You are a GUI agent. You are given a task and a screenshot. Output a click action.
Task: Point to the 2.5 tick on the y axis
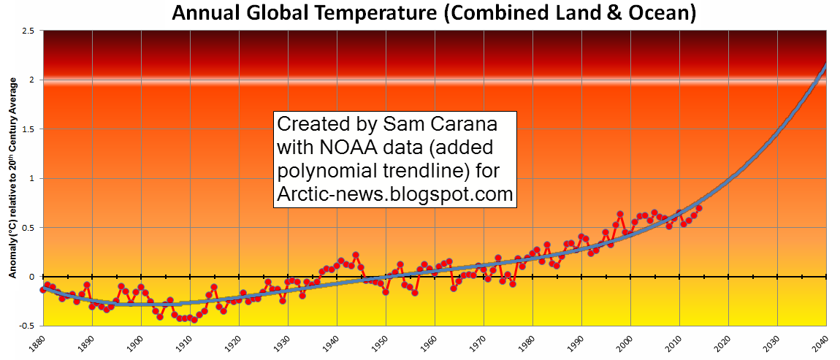coord(28,31)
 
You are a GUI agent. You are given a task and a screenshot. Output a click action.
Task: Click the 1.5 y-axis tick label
coord(28,129)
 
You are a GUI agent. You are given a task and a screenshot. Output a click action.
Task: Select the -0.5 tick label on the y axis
coord(27,326)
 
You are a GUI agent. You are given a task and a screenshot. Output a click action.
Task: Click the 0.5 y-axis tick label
coord(28,228)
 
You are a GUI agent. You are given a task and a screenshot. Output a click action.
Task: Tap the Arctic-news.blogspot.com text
coord(395,195)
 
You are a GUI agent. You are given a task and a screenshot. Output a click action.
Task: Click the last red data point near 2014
coord(699,208)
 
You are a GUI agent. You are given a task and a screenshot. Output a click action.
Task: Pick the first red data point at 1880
coord(43,289)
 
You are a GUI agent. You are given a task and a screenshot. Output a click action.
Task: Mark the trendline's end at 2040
coord(825,65)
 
